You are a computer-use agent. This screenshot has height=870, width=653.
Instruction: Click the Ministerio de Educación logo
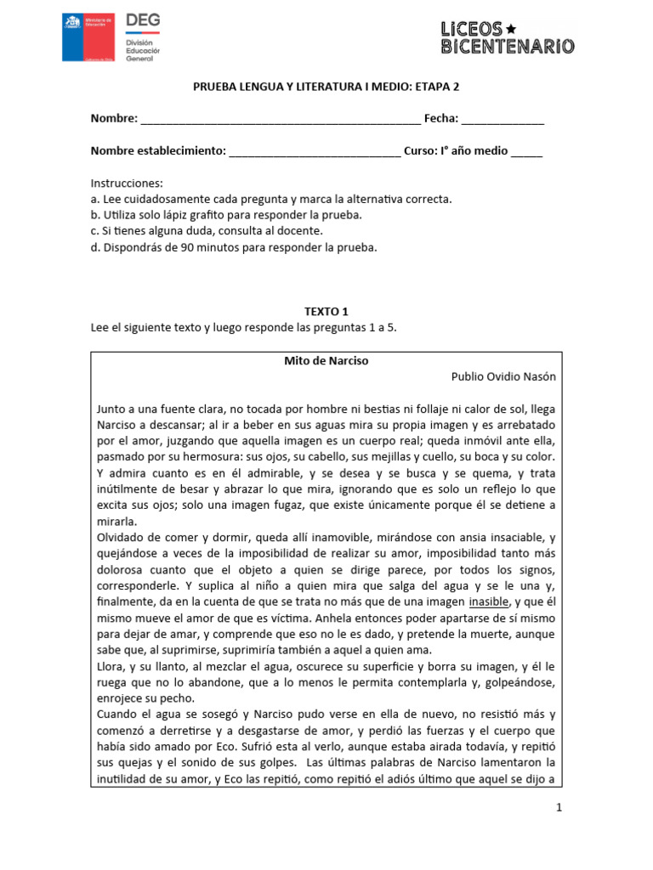tap(89, 37)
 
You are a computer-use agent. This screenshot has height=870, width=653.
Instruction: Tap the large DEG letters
tap(142, 21)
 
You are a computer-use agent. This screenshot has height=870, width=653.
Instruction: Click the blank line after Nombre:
tap(280, 120)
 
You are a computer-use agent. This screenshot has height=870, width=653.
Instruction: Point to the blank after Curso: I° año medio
tap(525, 152)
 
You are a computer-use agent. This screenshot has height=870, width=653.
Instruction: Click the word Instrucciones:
tap(127, 184)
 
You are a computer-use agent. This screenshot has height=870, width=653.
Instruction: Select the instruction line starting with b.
tap(226, 215)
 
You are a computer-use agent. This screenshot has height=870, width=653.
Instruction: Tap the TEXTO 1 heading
tap(326, 312)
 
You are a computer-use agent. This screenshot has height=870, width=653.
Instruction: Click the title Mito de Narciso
tap(326, 360)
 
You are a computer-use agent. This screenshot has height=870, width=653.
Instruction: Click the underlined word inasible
tap(493, 602)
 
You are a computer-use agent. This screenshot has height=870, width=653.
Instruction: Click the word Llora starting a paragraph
tap(112, 667)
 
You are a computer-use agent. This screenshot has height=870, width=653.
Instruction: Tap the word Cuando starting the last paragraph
tap(119, 715)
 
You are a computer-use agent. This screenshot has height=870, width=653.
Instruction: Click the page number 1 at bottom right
tap(559, 809)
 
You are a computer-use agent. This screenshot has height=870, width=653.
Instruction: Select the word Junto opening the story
tap(114, 409)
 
